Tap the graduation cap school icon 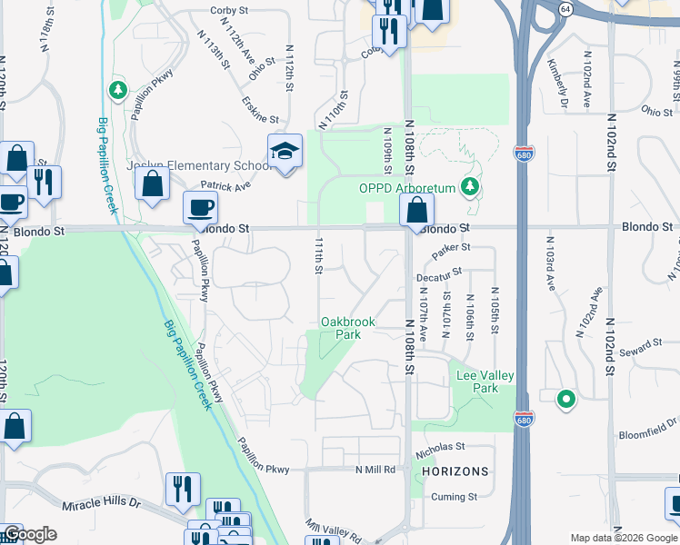(285, 151)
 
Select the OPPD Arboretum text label (407, 189)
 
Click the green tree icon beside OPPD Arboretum (469, 187)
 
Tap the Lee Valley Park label (485, 381)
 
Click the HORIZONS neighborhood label (455, 471)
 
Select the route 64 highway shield (565, 8)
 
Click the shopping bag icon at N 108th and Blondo (415, 211)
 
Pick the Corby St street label (229, 10)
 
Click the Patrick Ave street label (225, 185)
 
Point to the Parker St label (450, 247)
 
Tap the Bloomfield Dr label (646, 422)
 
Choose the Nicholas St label (440, 447)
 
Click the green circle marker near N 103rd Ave (565, 398)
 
